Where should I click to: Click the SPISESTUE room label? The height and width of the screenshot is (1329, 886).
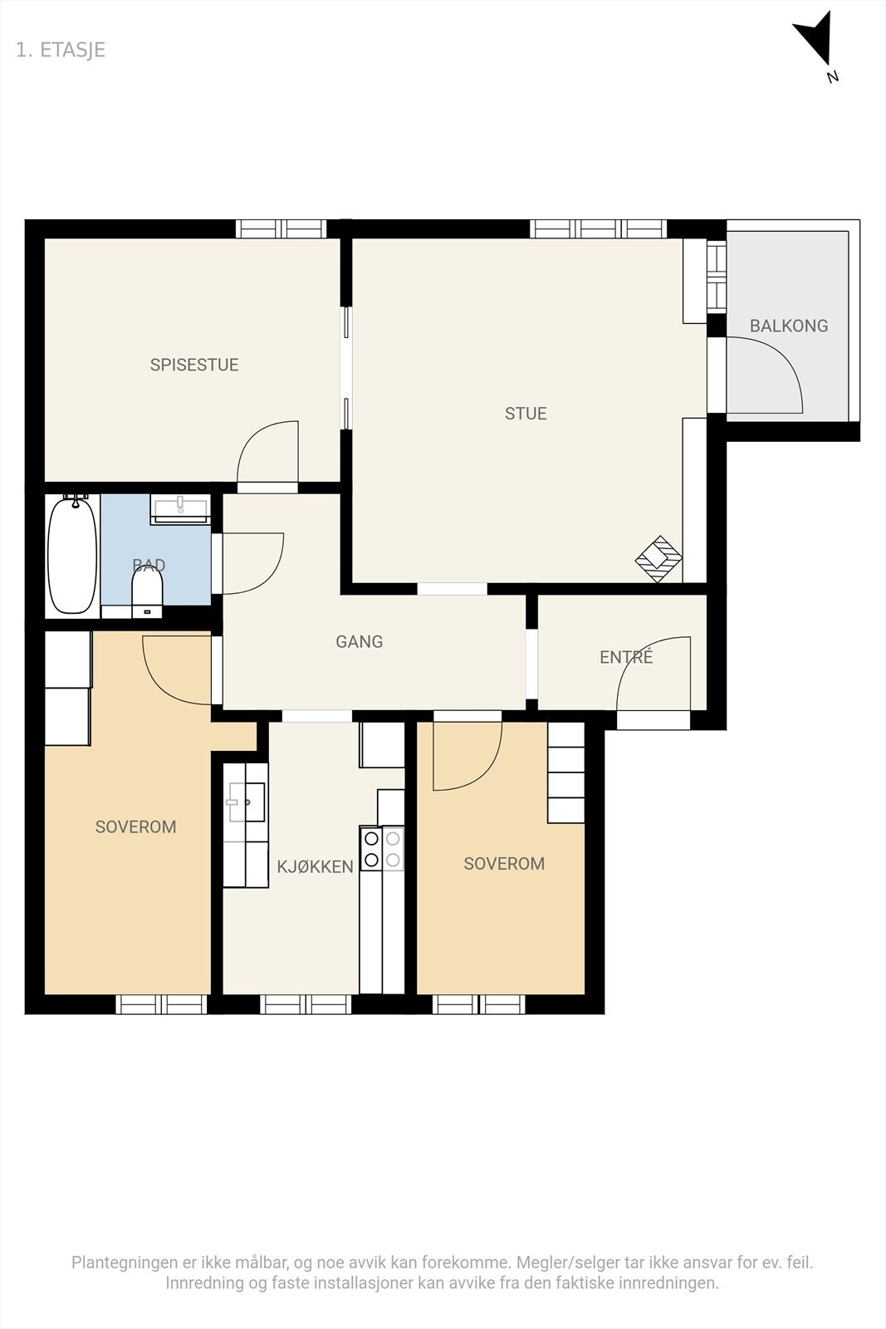click(194, 365)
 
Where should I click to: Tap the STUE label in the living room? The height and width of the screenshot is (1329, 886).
click(526, 414)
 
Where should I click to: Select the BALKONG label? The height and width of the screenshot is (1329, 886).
click(789, 326)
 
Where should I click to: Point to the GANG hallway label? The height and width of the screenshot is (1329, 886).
click(359, 641)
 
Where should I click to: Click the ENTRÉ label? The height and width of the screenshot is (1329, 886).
click(626, 656)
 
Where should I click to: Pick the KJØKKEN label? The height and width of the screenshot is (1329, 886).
click(315, 867)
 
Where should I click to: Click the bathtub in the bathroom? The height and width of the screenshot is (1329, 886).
click(72, 556)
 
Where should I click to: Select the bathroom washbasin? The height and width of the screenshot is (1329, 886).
click(180, 508)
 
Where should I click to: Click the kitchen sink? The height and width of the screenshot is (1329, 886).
click(246, 802)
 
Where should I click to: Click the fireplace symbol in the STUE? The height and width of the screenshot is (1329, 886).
click(658, 558)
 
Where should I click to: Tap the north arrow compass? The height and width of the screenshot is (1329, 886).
click(816, 42)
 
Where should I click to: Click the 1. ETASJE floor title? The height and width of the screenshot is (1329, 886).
click(61, 50)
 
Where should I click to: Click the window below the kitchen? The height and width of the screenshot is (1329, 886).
click(306, 1004)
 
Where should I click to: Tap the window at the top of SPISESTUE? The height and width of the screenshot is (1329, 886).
click(281, 229)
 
